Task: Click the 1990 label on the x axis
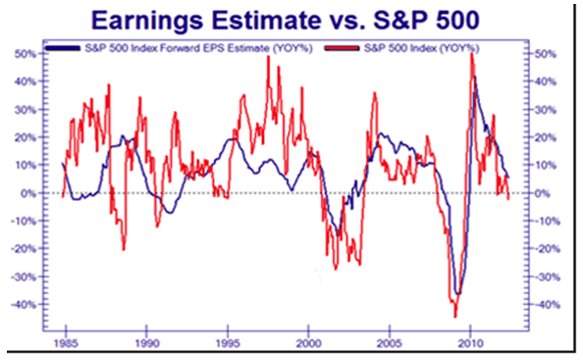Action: pos(146,344)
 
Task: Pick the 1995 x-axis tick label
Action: pos(227,344)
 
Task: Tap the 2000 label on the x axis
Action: pos(308,344)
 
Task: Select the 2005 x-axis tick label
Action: pos(390,344)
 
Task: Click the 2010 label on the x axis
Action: pos(470,344)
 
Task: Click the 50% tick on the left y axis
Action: pos(26,54)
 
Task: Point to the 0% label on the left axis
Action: pos(29,193)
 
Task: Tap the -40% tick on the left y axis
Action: pos(24,305)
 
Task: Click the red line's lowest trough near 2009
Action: pos(455,316)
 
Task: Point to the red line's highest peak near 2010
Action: pos(472,53)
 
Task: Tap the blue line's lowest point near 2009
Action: pos(457,293)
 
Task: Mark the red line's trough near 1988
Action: pos(124,249)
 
